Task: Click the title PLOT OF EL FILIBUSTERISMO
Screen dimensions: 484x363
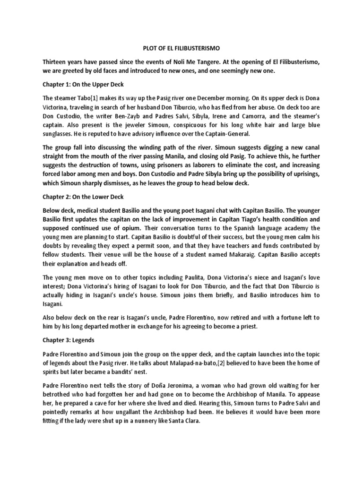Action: point(181,48)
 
